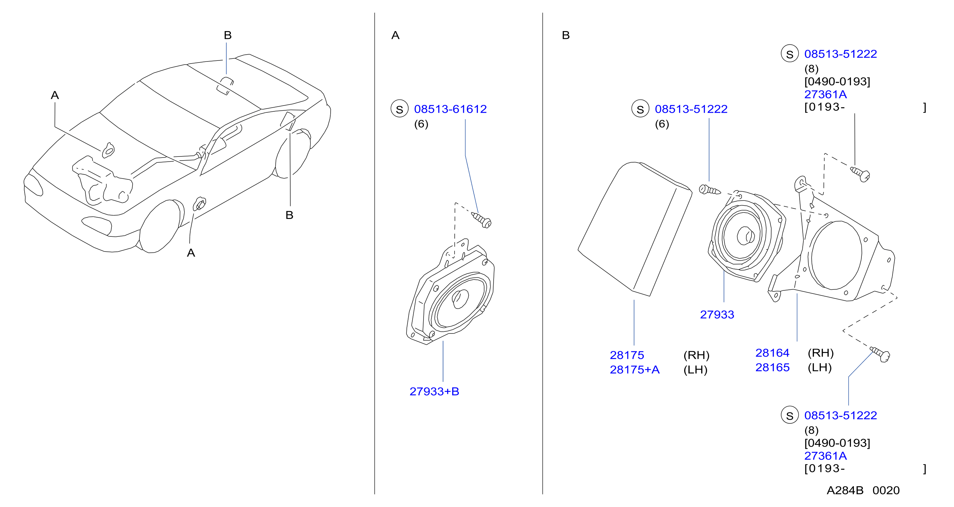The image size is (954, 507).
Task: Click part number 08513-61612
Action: tap(450, 109)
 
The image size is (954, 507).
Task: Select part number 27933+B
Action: tap(434, 392)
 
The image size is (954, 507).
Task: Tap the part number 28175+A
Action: tap(634, 370)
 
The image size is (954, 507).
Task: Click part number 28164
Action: tap(772, 353)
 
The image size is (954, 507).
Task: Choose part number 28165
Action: tap(772, 367)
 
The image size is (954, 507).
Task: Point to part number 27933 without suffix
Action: tap(717, 314)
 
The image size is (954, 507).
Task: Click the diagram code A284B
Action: tap(845, 490)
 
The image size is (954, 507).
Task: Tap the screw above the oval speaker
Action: tap(482, 220)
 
